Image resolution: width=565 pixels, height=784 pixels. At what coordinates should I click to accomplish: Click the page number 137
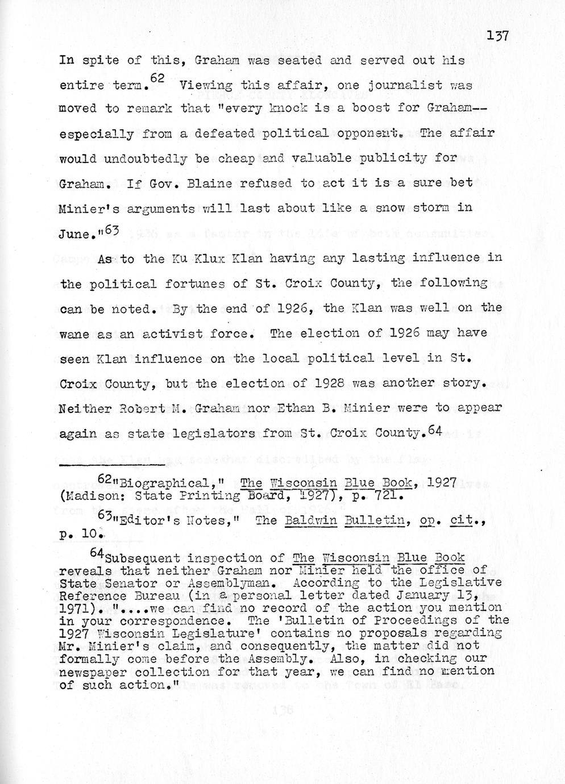click(497, 36)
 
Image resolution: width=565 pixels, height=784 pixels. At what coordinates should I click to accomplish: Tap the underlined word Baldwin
click(317, 520)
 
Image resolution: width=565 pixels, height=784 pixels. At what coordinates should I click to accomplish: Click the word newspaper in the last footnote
click(103, 672)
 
